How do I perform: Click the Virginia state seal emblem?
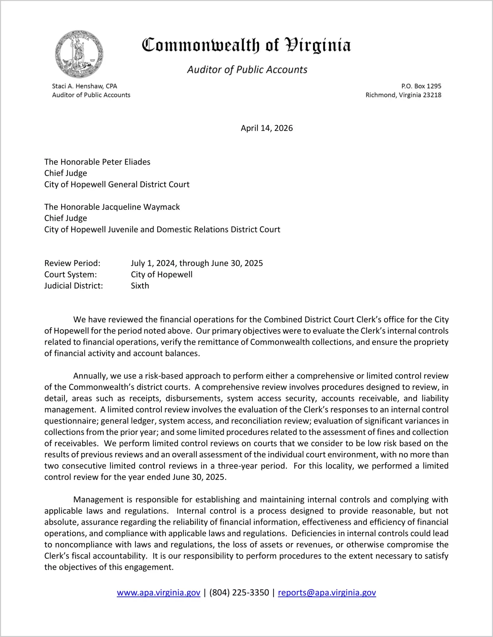79,54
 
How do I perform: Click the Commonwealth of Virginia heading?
246,45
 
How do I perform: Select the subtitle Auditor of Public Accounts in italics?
247,70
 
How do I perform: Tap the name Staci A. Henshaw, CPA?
84,86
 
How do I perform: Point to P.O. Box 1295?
421,86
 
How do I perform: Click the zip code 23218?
432,95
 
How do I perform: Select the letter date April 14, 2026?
267,128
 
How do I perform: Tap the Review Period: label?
72,263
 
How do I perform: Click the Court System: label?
71,274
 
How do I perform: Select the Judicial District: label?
74,286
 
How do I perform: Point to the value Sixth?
140,286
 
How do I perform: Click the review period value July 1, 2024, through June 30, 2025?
197,263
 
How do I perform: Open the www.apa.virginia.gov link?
158,592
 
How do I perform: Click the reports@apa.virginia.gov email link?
327,592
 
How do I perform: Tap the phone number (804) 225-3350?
239,592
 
